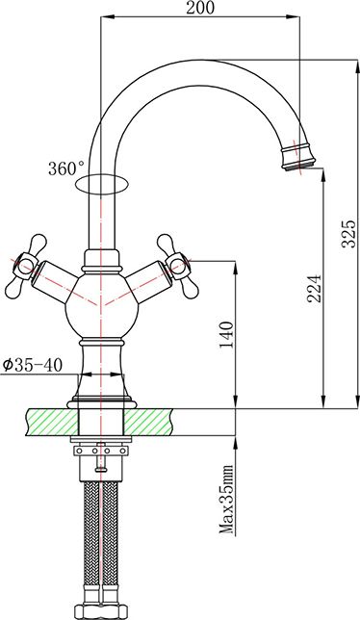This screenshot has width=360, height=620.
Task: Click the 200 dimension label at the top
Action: (200, 8)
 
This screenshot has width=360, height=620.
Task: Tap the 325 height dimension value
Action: (349, 233)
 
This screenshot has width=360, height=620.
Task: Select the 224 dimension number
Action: (315, 288)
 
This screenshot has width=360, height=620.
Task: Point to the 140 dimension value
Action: (226, 334)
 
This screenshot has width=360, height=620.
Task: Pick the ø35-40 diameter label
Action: (33, 366)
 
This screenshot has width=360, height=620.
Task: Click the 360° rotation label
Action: (66, 168)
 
